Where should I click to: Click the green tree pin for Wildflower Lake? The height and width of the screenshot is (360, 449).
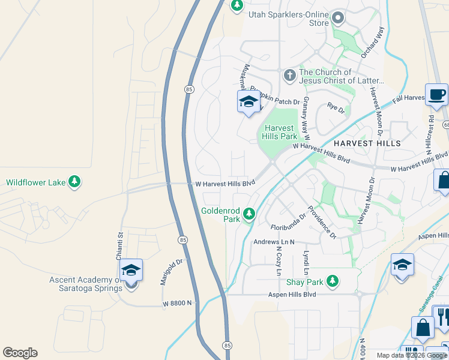[x=74, y=182]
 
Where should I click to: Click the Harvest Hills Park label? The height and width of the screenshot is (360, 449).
[x=279, y=132]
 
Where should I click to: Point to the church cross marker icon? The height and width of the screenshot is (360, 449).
[x=289, y=75]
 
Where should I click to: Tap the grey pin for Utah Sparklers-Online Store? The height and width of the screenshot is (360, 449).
[x=338, y=18]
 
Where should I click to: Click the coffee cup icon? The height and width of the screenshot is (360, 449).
[x=436, y=95]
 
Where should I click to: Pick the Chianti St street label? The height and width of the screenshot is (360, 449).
[x=119, y=247]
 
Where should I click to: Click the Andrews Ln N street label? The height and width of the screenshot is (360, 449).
[x=274, y=242]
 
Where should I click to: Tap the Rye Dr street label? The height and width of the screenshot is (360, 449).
[x=336, y=108]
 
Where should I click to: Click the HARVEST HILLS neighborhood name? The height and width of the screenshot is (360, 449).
[x=367, y=144]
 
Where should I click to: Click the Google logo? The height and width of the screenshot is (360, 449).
[x=20, y=353]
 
